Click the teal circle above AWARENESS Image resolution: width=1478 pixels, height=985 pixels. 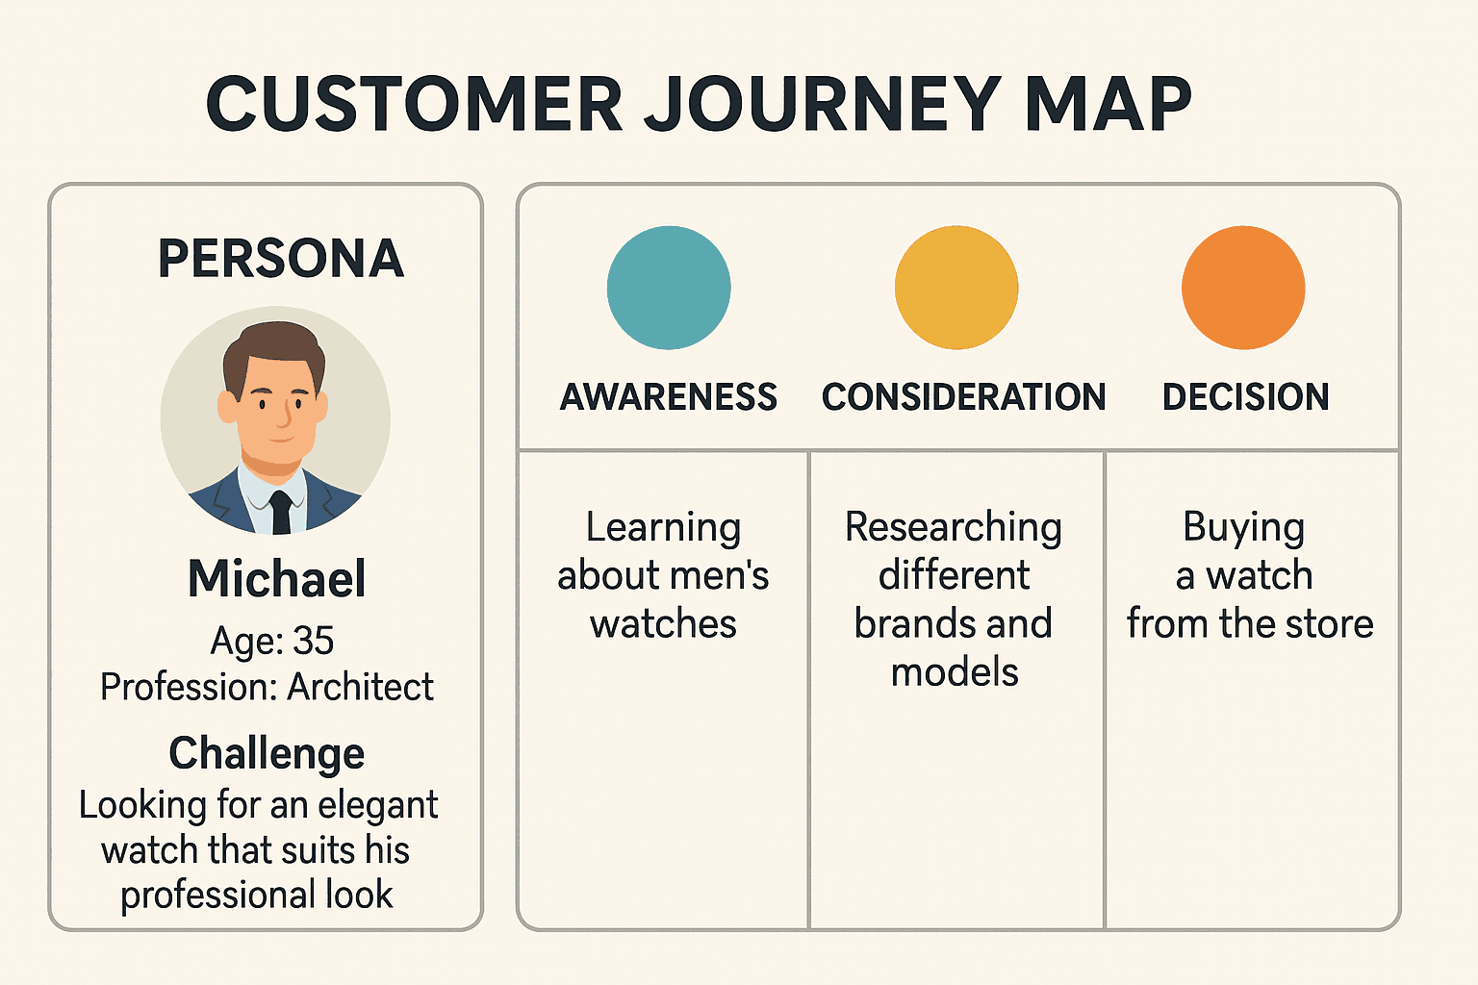coord(669,288)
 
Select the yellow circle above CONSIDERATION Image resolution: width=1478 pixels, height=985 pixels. coord(956,288)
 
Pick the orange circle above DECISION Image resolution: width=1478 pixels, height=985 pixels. coord(1243,288)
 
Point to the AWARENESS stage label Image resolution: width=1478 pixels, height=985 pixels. coord(669,396)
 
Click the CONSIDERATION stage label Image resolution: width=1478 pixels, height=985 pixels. coord(963,396)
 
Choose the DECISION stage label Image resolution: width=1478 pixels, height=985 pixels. coord(1245,396)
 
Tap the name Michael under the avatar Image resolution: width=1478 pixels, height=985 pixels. coord(277,579)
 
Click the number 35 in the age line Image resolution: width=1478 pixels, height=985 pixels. coord(313,641)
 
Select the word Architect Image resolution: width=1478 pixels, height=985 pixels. coord(360,687)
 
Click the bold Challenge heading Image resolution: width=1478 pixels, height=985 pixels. coord(267,753)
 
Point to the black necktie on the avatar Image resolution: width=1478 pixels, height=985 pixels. coord(280,511)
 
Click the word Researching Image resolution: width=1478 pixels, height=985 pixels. coord(954,527)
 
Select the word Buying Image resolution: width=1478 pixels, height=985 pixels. coord(1243,527)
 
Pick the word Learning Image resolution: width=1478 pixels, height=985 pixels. coord(664,527)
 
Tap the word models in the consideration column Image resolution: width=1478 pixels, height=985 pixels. coord(954,671)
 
